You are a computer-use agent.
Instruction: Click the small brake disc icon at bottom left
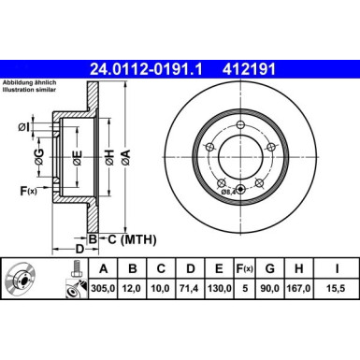pos(21,280)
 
